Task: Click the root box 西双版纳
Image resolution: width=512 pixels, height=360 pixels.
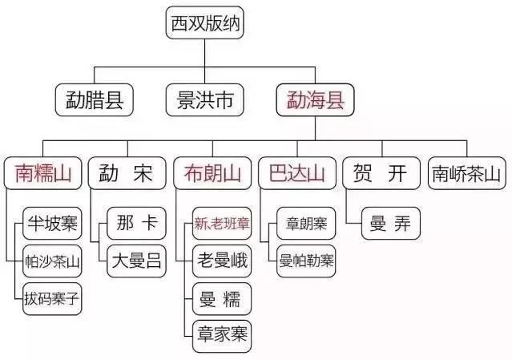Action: pyautogui.click(x=204, y=25)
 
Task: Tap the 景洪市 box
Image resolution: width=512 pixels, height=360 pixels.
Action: pyautogui.click(x=204, y=100)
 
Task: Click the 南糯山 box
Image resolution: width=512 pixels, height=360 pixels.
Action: pyautogui.click(x=43, y=173)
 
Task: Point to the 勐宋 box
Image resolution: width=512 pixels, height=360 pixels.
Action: pyautogui.click(x=126, y=173)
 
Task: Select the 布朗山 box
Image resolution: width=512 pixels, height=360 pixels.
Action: pyautogui.click(x=212, y=173)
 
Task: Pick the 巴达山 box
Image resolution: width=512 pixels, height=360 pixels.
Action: pyautogui.click(x=295, y=173)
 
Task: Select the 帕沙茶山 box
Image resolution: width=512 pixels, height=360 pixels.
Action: pyautogui.click(x=53, y=261)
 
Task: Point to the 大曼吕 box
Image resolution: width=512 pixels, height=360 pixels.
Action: pyautogui.click(x=137, y=261)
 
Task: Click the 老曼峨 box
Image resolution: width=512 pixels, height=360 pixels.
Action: pyautogui.click(x=222, y=261)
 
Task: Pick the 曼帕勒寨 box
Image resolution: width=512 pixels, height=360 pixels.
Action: pyautogui.click(x=306, y=261)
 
